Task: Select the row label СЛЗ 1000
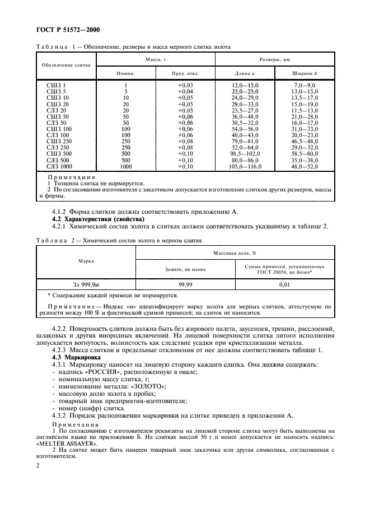(58, 167)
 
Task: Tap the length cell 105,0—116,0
(245, 167)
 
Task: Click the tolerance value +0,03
(185, 84)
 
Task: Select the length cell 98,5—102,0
(245, 153)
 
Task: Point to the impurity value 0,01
(284, 284)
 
